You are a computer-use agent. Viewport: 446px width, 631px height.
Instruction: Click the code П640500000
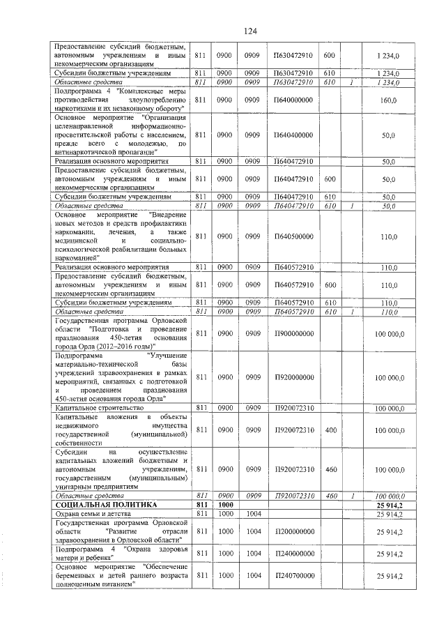pyautogui.click(x=293, y=237)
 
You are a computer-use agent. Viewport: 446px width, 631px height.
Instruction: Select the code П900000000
pyautogui.click(x=293, y=335)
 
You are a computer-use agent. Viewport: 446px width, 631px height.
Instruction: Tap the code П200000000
pyautogui.click(x=293, y=532)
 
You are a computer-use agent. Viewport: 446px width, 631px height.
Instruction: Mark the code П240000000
pyautogui.click(x=293, y=553)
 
